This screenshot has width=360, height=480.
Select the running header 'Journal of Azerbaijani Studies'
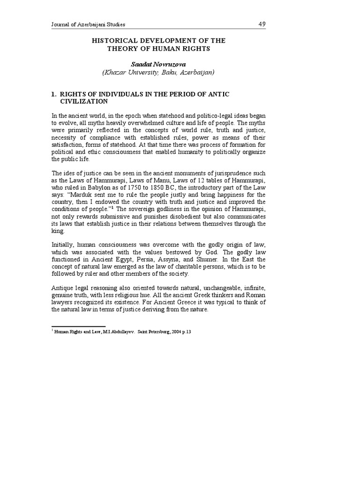[89, 24]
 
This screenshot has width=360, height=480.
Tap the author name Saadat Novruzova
[158, 64]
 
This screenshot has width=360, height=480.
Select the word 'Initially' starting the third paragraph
[64, 245]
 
